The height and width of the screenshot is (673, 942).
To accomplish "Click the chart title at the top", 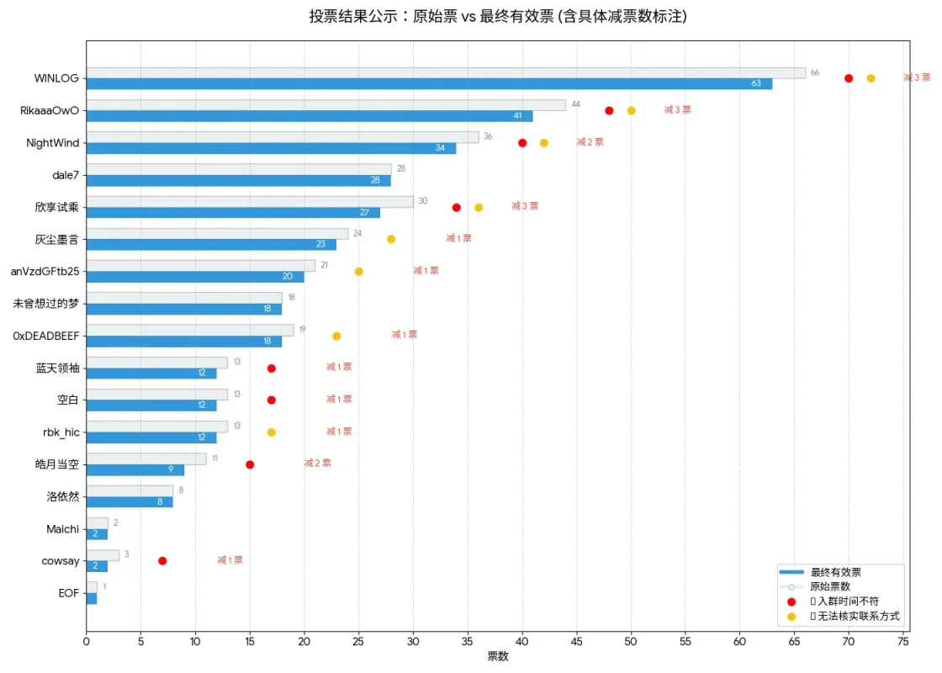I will (497, 17).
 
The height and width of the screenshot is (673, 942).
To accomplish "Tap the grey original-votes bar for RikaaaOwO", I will (325, 105).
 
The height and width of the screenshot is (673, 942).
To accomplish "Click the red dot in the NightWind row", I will (522, 143).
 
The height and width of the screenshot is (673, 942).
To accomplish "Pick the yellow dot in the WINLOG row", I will (871, 78).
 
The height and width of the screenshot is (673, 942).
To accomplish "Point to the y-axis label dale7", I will (66, 175).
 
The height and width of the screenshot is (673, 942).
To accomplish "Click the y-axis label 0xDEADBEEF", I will (46, 336).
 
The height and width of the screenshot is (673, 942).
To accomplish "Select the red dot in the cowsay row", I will (162, 561).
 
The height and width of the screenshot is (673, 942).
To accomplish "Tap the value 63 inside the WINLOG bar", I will (756, 83).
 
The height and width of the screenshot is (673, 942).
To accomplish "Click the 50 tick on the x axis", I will (631, 641).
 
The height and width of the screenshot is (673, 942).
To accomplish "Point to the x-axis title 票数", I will (497, 656).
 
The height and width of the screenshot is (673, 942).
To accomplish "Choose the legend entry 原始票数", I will (834, 586).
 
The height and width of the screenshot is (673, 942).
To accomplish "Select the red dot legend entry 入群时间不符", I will (844, 601).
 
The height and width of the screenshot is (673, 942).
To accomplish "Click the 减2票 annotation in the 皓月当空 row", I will (317, 464).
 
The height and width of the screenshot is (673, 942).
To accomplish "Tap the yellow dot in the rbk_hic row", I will (271, 432).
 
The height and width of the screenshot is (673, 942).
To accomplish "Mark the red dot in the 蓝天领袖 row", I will (271, 368).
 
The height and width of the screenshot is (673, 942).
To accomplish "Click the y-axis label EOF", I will (69, 593).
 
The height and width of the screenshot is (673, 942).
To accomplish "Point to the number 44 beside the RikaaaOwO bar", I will (575, 104).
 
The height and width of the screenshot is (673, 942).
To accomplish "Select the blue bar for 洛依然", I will (130, 502).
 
